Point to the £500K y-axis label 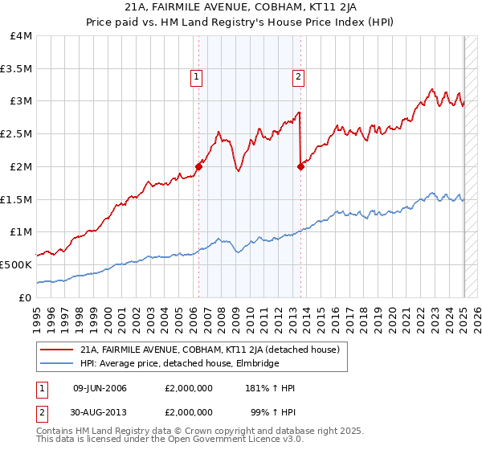click(x=16, y=264)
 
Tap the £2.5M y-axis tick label click(x=16, y=134)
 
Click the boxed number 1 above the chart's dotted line click(x=197, y=77)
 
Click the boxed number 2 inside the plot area click(x=298, y=77)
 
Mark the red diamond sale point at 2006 click(x=198, y=166)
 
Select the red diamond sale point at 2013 click(x=300, y=166)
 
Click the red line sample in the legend click(x=57, y=350)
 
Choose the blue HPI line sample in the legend click(x=57, y=363)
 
